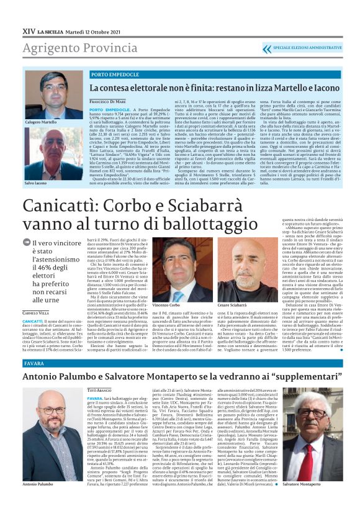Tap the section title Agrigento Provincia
coord(72,47)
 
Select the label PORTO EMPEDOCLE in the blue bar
coord(115,75)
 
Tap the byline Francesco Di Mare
coord(107,101)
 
